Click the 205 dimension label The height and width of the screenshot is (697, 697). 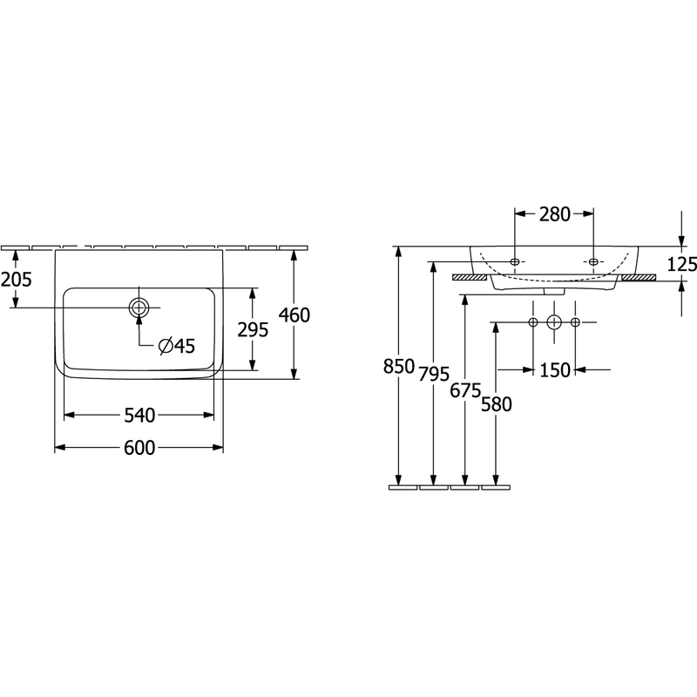coord(17,280)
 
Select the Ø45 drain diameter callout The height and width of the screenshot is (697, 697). coord(177,346)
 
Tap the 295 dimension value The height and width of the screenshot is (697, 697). coord(253,329)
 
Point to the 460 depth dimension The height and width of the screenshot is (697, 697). coord(294,315)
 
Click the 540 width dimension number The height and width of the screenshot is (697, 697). coord(139,416)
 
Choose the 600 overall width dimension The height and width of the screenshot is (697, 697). coord(139,448)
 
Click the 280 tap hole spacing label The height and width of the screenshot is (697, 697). coord(555,214)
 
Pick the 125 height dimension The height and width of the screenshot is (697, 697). coord(682,265)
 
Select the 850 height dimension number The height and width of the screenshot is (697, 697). coord(399,367)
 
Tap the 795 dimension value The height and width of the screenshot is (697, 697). coord(434,375)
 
